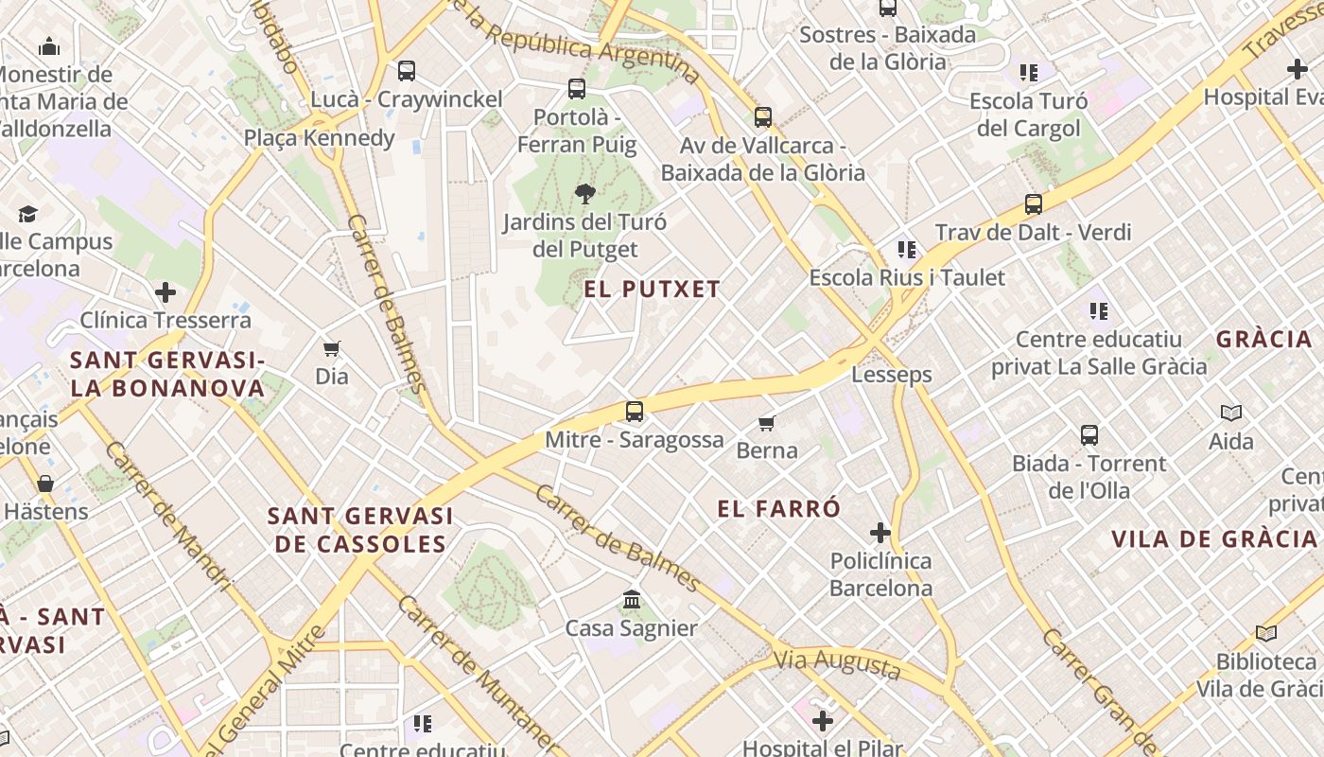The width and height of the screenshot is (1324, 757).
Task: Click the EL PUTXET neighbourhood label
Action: click(652, 290)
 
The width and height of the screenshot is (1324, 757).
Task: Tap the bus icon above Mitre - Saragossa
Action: click(634, 412)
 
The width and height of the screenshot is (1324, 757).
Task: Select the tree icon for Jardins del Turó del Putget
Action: click(584, 194)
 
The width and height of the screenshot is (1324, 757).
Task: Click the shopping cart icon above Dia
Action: click(331, 349)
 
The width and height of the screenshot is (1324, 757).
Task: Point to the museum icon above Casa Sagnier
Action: click(632, 600)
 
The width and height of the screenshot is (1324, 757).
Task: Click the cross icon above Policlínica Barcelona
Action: click(880, 533)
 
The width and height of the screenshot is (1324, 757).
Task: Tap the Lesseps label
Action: click(891, 375)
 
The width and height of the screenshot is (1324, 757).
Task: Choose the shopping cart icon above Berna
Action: click(767, 423)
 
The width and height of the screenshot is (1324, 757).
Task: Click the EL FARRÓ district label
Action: click(778, 509)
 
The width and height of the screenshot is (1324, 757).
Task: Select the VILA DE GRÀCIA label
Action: click(1213, 539)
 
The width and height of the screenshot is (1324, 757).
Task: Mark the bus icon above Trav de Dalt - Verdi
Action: click(1033, 204)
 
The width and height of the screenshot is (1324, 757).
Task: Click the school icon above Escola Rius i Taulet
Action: click(906, 250)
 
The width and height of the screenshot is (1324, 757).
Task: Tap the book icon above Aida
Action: click(1230, 413)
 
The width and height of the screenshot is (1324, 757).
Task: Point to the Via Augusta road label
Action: click(837, 663)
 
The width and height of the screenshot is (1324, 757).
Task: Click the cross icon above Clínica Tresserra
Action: click(165, 292)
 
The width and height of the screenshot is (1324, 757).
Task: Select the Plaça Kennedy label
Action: click(319, 138)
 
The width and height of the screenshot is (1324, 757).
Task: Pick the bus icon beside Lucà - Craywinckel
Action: click(407, 71)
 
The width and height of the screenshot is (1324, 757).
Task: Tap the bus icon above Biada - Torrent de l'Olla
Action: click(1089, 435)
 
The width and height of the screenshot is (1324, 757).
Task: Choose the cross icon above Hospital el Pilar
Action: click(823, 721)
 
